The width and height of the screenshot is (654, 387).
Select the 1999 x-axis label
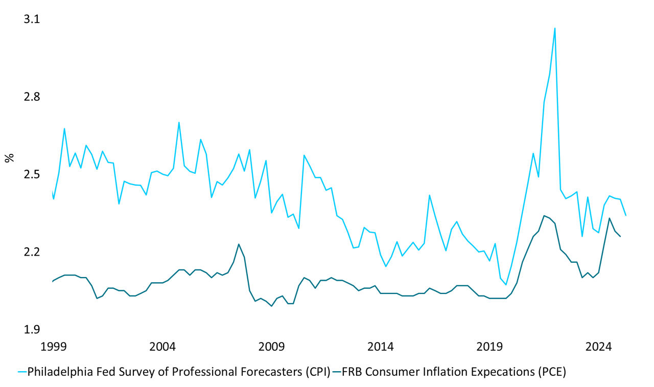(x=54, y=347)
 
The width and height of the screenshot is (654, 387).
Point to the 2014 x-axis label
(x=381, y=347)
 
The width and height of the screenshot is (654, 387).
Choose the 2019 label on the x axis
(x=489, y=347)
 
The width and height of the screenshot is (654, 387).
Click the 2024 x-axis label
(x=598, y=347)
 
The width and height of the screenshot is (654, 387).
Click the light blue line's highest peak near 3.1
(x=555, y=28)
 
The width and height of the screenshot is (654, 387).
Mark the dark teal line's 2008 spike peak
(x=239, y=244)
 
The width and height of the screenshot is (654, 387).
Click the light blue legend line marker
(x=21, y=372)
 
